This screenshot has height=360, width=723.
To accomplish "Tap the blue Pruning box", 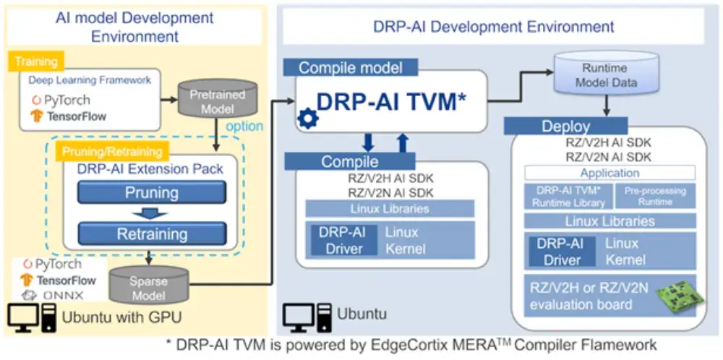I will point(152,193).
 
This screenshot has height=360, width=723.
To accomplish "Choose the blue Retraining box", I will point(152,234).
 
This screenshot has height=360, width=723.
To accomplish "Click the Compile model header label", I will point(349,68).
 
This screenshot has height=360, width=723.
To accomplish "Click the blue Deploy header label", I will point(565,127).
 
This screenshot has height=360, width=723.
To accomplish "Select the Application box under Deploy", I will point(609,173).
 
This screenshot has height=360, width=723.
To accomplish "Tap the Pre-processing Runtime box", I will point(655,197).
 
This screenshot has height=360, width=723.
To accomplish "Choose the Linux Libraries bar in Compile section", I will point(390,209).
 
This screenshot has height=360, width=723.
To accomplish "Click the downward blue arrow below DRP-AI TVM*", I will point(368,142).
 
